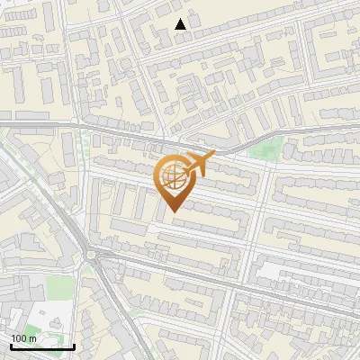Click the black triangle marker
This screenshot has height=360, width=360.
click(181, 24)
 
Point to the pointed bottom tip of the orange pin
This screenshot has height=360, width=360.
click(171, 211)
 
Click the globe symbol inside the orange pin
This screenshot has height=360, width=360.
click(171, 176)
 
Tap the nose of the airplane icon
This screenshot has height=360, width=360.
click(213, 155)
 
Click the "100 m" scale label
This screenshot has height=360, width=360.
click(23, 338)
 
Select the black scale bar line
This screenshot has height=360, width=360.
click(42, 346)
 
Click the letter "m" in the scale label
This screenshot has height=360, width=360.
click(32, 338)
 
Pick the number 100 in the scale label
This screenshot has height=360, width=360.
click(19, 338)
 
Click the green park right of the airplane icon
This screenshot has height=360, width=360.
click(265, 149)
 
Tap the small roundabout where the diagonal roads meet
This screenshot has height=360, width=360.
click(92, 256)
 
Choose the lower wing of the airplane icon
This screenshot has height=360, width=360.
click(193, 171)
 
